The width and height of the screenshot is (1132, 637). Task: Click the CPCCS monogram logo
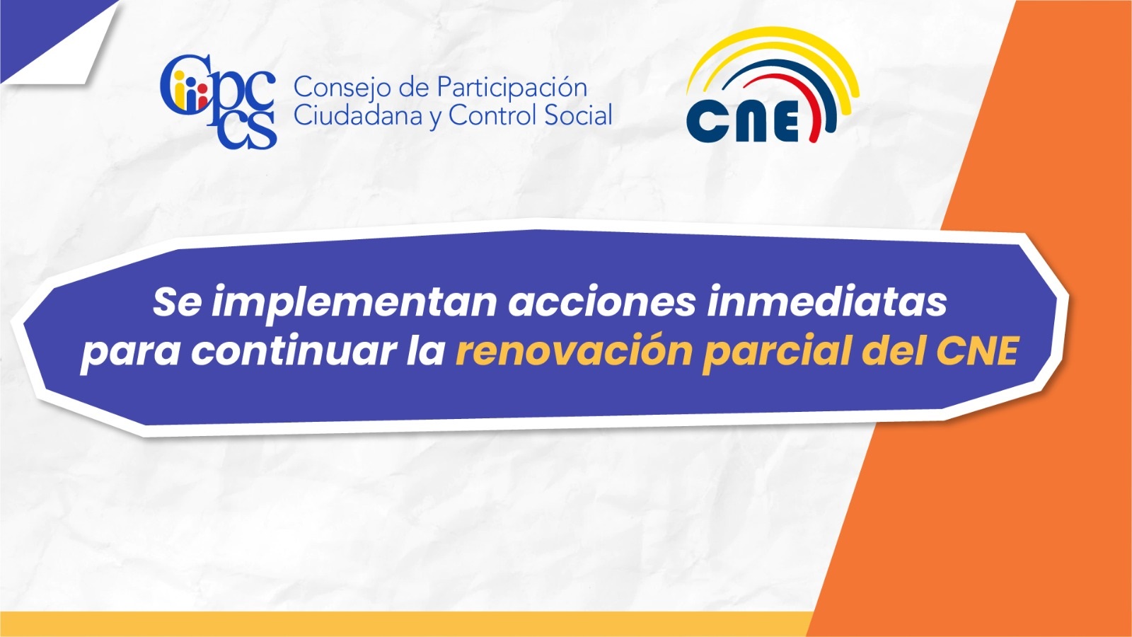coord(219,102)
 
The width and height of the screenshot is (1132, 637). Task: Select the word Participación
coord(512,88)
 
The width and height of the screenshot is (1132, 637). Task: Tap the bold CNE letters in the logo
coord(742,121)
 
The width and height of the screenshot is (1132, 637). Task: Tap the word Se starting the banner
coord(177,302)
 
